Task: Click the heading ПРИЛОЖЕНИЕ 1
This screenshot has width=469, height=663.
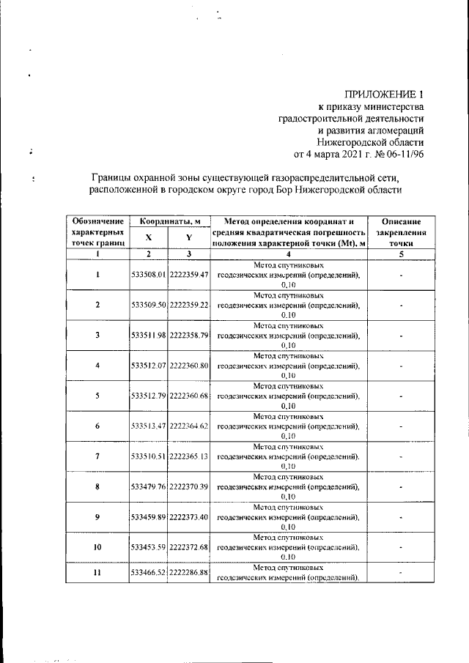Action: [x=385, y=94]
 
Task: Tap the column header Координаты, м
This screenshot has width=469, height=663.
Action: [x=169, y=221]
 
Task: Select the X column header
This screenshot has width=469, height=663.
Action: [x=148, y=237]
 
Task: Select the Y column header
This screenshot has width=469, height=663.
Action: [x=188, y=237]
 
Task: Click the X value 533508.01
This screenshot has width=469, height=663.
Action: [x=149, y=275]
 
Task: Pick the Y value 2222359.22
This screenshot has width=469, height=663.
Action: [x=189, y=305]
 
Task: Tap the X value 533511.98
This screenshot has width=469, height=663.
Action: [x=149, y=336]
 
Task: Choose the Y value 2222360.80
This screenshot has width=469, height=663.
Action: [x=189, y=366]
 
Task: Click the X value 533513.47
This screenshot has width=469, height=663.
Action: [x=149, y=426]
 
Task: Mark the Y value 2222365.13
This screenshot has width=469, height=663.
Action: [x=189, y=456]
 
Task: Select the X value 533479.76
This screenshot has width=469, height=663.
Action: [x=149, y=486]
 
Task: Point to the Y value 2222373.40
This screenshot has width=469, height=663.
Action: [x=189, y=517]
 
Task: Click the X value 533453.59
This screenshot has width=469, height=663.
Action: [x=149, y=547]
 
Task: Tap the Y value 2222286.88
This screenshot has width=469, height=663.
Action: [x=189, y=573]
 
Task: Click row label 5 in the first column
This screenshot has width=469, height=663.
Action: [x=97, y=396]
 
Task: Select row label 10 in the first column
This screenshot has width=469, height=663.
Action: [x=97, y=547]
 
